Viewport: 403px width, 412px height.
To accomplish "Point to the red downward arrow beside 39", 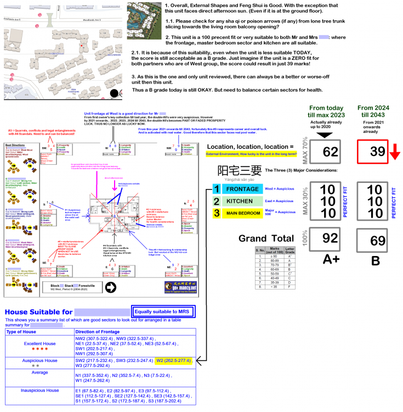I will pyautogui.click(x=395, y=152).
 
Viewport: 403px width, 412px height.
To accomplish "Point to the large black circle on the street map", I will pyautogui.click(x=114, y=93).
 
